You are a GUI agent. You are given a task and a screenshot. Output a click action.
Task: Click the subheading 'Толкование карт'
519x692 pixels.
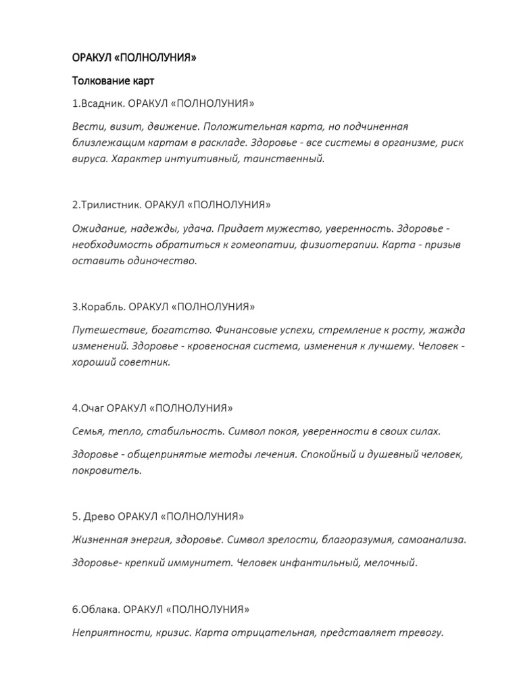(113, 82)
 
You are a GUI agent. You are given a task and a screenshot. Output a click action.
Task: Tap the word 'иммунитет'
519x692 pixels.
(205, 562)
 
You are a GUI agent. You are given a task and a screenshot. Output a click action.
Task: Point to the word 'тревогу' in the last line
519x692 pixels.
(422, 633)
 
